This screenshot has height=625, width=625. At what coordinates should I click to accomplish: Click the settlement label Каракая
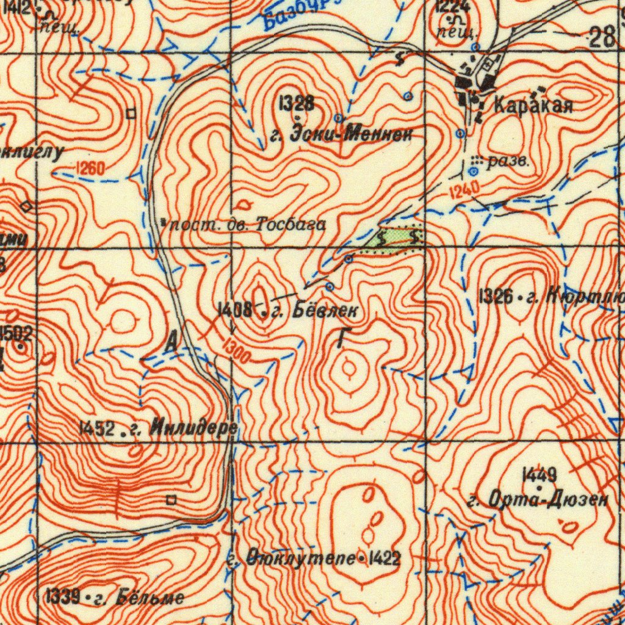(533, 105)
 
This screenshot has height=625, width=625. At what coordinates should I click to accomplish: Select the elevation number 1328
(296, 103)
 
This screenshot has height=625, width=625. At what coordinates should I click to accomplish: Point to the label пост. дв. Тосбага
(247, 225)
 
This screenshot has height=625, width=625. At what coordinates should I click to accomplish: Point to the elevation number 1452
(97, 429)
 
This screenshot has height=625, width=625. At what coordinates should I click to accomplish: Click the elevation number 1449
(539, 474)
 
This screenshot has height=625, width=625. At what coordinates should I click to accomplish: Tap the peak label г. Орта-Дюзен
(538, 501)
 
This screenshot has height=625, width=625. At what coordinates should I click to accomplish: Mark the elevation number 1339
(63, 596)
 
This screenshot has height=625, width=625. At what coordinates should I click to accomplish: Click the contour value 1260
(90, 168)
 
